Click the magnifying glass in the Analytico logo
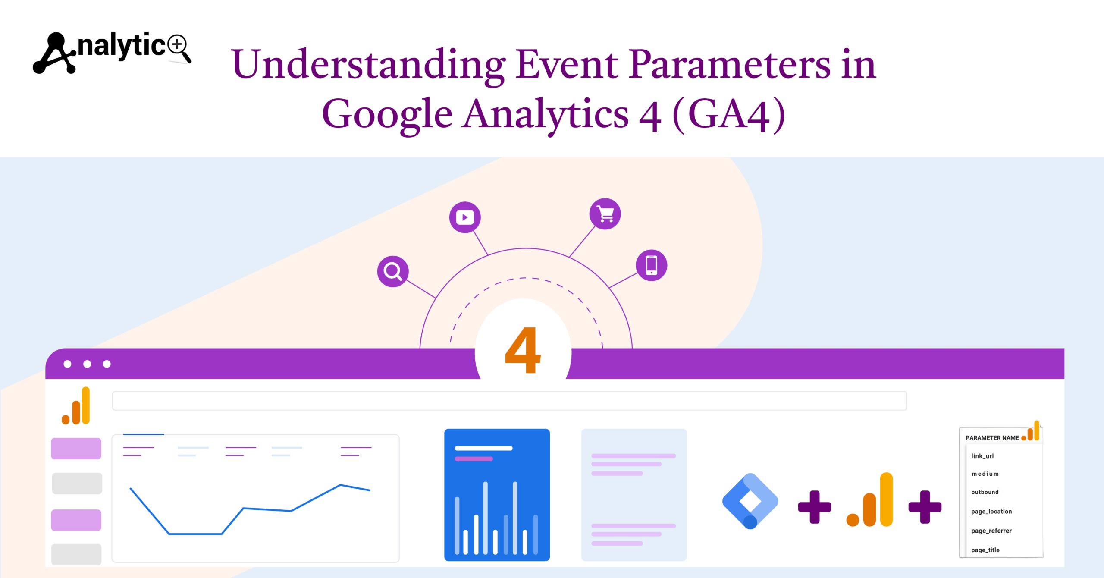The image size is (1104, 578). tap(178, 46)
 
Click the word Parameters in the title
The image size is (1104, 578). tap(729, 64)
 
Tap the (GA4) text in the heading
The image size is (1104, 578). tap(728, 114)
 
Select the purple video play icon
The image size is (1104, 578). tap(465, 217)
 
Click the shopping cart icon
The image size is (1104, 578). tap(605, 214)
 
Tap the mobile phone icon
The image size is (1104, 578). tap(651, 265)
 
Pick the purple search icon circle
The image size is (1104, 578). tap(393, 271)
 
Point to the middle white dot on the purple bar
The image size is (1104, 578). tap(87, 364)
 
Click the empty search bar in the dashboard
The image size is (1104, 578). tap(509, 401)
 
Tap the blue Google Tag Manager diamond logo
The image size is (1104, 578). tap(750, 501)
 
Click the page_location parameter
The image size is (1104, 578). tap(991, 512)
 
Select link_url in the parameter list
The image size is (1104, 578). tap(982, 456)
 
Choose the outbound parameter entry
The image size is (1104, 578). tap(985, 492)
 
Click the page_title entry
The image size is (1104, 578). tap(985, 550)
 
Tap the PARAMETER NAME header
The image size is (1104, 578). tap(992, 438)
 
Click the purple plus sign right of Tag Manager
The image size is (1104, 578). tap(814, 507)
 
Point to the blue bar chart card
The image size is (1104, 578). tap(497, 495)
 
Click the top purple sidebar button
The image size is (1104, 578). tap(76, 449)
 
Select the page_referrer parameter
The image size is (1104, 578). tap(991, 531)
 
